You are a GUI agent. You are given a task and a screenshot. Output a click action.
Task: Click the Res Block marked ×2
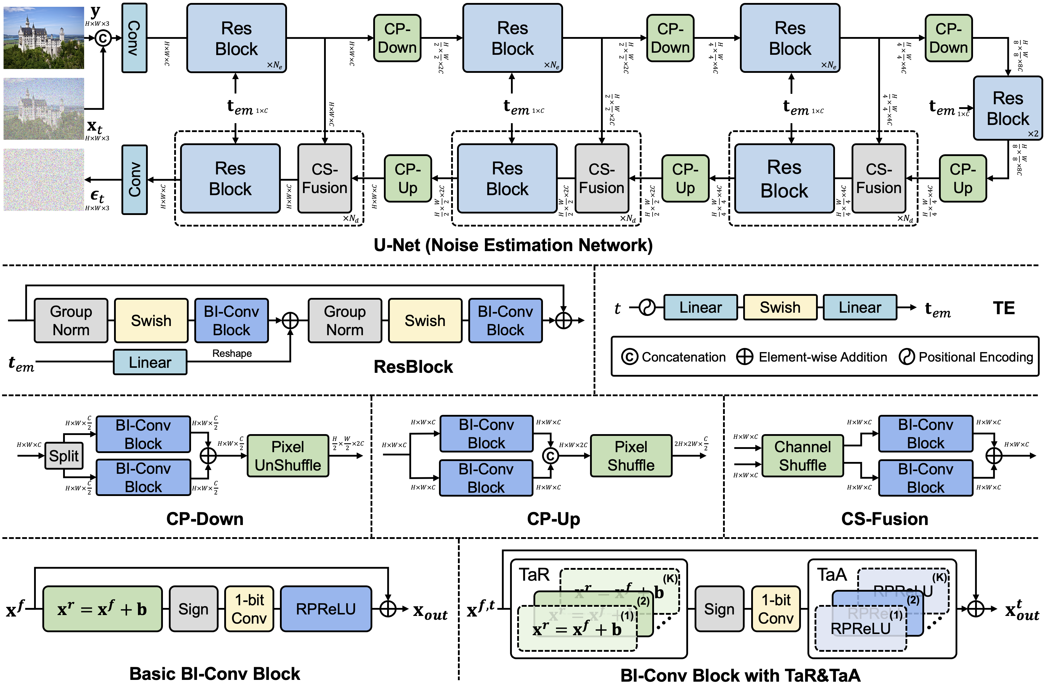pyautogui.click(x=1007, y=108)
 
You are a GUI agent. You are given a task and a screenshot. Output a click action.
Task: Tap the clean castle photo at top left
pyautogui.click(x=44, y=37)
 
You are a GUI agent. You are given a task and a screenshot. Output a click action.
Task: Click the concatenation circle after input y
pyautogui.click(x=103, y=38)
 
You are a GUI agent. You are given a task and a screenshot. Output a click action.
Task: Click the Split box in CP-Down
pyautogui.click(x=64, y=456)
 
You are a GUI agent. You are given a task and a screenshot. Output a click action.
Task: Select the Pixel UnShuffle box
pyautogui.click(x=288, y=456)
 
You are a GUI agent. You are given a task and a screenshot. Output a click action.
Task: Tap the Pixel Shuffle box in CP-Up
pyautogui.click(x=631, y=456)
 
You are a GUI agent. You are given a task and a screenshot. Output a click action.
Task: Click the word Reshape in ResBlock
pyautogui.click(x=232, y=353)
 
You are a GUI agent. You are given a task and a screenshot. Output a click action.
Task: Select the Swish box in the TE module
pyautogui.click(x=780, y=307)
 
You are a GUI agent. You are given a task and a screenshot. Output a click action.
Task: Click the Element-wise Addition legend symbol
pyautogui.click(x=745, y=357)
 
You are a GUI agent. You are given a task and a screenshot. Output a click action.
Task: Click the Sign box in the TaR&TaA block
pyautogui.click(x=719, y=609)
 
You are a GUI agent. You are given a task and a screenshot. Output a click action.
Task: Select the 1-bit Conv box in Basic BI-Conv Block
pyautogui.click(x=249, y=609)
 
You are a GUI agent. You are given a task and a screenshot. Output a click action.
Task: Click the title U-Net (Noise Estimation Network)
pyautogui.click(x=513, y=245)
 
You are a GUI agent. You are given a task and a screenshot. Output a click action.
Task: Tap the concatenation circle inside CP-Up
pyautogui.click(x=550, y=456)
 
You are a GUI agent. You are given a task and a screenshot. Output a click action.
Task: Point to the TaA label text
pyautogui.click(x=831, y=574)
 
